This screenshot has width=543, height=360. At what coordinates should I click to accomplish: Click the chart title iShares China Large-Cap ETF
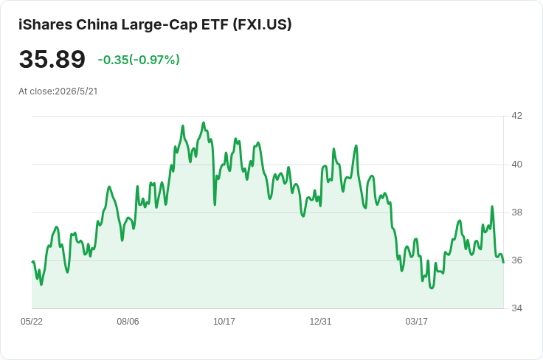click(x=123, y=25)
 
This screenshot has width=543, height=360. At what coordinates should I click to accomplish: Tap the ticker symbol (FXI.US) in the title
click(x=262, y=25)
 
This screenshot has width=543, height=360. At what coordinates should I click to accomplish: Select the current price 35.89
click(x=52, y=59)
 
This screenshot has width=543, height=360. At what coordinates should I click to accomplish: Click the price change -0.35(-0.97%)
click(x=139, y=60)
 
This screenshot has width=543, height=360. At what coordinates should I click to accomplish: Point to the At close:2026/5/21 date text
click(x=58, y=91)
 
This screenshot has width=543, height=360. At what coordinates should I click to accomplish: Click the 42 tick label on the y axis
click(x=516, y=116)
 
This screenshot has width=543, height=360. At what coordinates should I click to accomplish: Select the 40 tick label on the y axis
click(x=516, y=165)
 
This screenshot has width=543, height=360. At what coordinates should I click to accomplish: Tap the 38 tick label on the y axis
click(x=516, y=212)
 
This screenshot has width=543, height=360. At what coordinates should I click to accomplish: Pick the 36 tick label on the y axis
click(x=516, y=260)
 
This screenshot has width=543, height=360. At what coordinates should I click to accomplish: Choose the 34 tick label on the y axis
click(x=516, y=308)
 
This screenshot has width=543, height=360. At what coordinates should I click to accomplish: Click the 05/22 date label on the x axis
click(x=32, y=322)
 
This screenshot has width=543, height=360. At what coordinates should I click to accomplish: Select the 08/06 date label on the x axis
click(x=128, y=322)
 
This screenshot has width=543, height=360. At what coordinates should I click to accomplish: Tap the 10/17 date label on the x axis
click(x=224, y=322)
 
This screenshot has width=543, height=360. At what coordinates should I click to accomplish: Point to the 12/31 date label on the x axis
click(x=320, y=322)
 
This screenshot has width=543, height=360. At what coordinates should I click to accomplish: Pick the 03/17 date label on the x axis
click(x=417, y=322)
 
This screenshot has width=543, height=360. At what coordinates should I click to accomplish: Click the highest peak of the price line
click(x=204, y=122)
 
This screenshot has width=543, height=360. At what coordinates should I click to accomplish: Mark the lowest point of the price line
click(x=432, y=288)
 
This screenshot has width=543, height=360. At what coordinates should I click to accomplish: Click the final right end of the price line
click(x=503, y=263)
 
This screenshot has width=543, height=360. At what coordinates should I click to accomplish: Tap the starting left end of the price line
click(x=32, y=262)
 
